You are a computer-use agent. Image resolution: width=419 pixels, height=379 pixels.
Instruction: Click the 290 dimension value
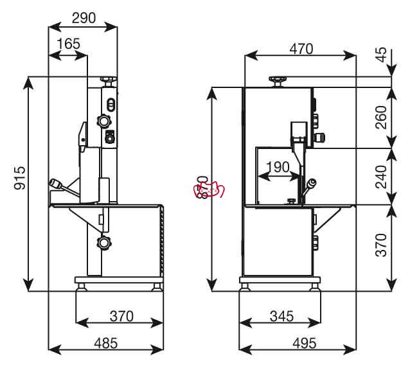pyautogui.click(x=84, y=18)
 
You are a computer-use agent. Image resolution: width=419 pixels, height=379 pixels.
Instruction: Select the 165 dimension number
pyautogui.click(x=69, y=44)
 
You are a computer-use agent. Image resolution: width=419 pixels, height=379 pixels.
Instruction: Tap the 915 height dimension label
pyautogui.click(x=20, y=178)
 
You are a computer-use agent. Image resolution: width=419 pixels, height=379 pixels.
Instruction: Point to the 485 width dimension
pyautogui.click(x=106, y=343)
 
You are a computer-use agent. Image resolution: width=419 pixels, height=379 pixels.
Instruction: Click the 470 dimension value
pyautogui.click(x=301, y=49)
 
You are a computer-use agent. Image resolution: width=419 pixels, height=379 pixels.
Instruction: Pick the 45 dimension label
pyautogui.click(x=381, y=55)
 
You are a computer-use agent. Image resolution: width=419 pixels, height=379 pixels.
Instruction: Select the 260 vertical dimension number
pyautogui.click(x=381, y=118)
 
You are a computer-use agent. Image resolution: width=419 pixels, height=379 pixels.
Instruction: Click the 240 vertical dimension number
pyautogui.click(x=381, y=177)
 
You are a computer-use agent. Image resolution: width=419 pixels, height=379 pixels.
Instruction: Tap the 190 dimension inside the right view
pyautogui.click(x=278, y=167)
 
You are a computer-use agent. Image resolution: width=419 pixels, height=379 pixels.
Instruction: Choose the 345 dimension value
pyautogui.click(x=281, y=316)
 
